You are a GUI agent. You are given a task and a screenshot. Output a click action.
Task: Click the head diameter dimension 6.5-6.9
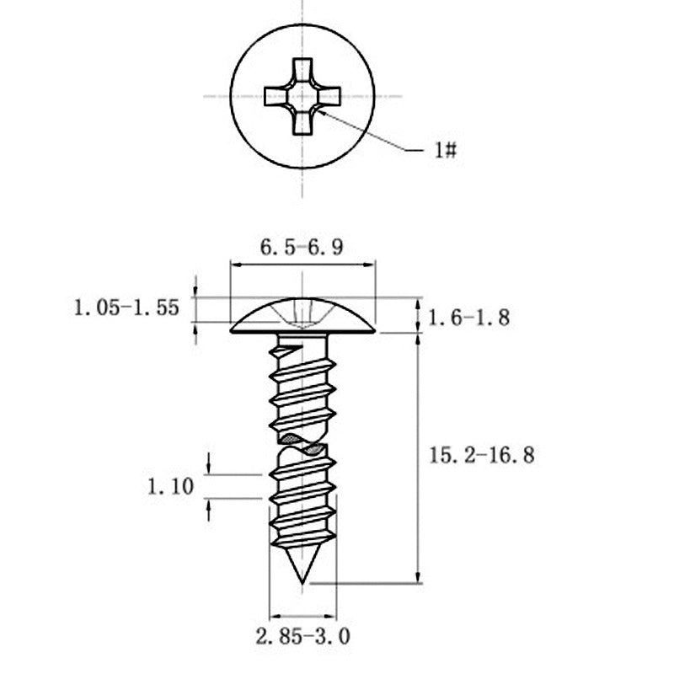[x=302, y=247]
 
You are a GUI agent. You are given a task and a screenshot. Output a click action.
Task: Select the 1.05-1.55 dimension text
[x=126, y=308]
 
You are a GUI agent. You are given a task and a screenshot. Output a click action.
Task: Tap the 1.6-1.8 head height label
[x=469, y=318]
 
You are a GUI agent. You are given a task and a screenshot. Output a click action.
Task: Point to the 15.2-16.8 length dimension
[x=482, y=455]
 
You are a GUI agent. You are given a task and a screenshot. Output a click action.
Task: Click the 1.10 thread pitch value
[x=171, y=487]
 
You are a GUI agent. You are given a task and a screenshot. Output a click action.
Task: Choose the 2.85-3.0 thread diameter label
[x=302, y=637]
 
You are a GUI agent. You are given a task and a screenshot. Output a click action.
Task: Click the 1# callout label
[x=446, y=150]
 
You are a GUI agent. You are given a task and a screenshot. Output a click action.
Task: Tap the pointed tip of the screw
[x=302, y=583]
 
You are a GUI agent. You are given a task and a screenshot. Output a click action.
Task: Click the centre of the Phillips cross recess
[x=302, y=96]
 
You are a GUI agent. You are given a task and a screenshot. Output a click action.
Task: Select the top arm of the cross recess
[x=302, y=69]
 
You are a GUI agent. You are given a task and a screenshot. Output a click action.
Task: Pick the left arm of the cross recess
[x=276, y=96]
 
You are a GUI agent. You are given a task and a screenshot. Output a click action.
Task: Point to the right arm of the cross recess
[x=329, y=96]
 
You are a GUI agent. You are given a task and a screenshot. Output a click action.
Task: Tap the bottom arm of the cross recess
[x=302, y=123]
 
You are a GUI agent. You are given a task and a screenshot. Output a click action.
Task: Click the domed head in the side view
[x=302, y=315]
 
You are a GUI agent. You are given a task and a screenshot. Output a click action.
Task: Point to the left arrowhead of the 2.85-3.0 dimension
[x=275, y=616]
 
